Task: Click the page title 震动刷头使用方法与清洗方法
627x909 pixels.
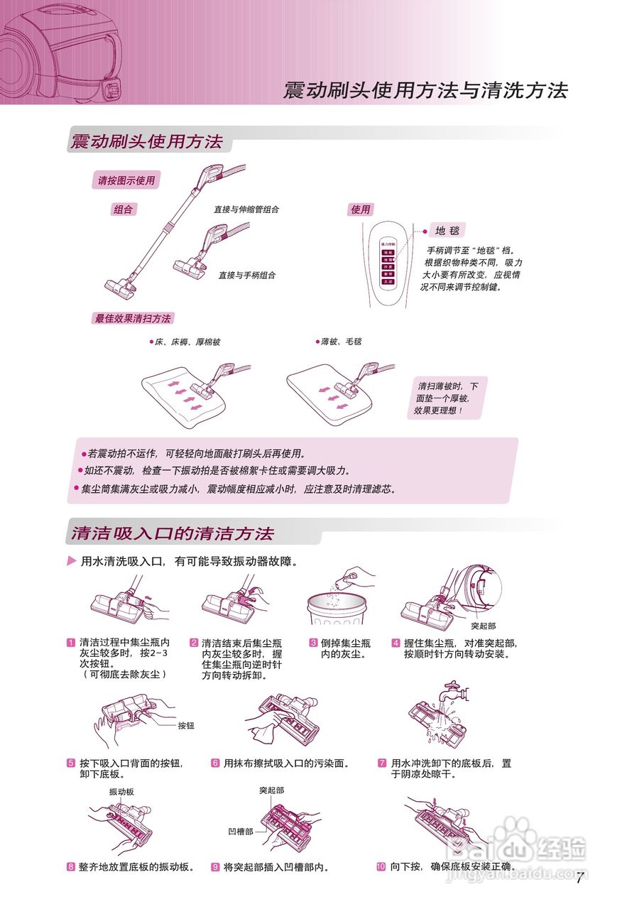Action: (425, 91)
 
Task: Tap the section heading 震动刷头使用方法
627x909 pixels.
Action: (146, 141)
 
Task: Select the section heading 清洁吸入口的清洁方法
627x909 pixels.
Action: (172, 533)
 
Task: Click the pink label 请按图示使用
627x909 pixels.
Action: (126, 181)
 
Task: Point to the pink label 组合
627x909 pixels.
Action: (124, 209)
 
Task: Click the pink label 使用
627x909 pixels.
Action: (360, 209)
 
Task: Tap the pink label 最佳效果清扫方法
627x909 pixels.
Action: (133, 318)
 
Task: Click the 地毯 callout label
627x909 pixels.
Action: (447, 231)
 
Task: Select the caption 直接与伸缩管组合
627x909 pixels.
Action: (246, 209)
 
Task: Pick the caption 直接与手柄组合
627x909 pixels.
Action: (246, 275)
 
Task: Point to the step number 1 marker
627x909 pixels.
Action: (71, 643)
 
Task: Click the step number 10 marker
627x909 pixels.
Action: (381, 867)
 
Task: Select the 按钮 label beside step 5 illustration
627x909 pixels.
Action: (186, 726)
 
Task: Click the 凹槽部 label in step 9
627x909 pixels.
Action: (240, 830)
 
